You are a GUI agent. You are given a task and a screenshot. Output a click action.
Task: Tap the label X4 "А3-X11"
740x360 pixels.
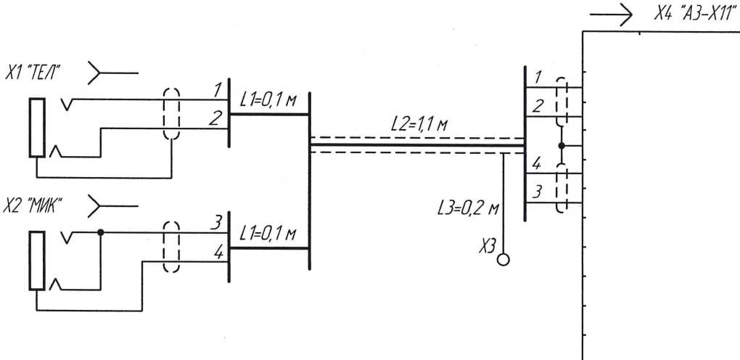(x=690, y=15)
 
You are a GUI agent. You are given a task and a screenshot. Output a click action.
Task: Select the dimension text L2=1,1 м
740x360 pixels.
(x=419, y=124)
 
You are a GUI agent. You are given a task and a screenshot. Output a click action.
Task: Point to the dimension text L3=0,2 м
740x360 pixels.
(x=469, y=208)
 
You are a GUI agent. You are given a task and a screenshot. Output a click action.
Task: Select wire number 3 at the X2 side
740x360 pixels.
(x=215, y=224)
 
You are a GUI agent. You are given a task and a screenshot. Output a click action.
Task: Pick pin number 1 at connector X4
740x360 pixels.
(x=537, y=77)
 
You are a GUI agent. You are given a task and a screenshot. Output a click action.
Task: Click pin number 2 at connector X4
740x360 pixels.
(x=537, y=106)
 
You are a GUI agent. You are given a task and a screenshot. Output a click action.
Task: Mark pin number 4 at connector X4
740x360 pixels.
(x=537, y=164)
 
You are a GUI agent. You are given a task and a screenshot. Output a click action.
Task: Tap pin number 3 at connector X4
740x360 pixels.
(x=537, y=192)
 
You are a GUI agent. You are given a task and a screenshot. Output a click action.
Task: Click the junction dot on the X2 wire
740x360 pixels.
(x=100, y=233)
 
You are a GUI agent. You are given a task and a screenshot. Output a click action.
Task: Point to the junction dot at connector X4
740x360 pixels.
(x=562, y=146)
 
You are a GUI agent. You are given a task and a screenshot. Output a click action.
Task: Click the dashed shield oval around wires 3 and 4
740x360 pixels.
(x=171, y=247)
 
